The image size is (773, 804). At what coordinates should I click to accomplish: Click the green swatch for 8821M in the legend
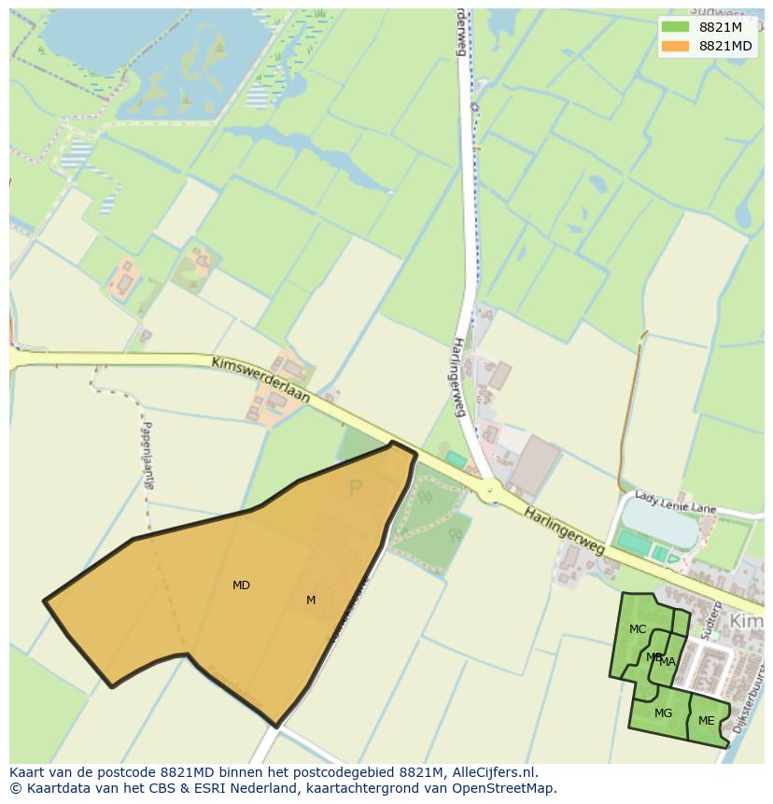click(675, 27)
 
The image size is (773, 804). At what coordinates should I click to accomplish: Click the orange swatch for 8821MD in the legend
click(675, 46)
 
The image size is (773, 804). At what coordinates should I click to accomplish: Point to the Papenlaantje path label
click(148, 455)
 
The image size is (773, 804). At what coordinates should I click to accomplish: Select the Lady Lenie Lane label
click(675, 501)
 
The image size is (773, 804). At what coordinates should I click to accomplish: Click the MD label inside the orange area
click(241, 585)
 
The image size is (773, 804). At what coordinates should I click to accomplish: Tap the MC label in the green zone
click(638, 629)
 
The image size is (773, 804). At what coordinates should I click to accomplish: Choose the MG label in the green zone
click(663, 713)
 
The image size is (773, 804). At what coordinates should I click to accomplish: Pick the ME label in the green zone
click(706, 721)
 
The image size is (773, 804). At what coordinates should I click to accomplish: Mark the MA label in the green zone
click(668, 662)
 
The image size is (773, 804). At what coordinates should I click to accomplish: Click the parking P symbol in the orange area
click(355, 487)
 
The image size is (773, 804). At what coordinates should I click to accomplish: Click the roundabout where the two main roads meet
click(488, 489)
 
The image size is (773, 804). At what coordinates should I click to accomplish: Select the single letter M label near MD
click(311, 600)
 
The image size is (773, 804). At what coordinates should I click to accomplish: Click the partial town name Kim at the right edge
click(746, 622)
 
